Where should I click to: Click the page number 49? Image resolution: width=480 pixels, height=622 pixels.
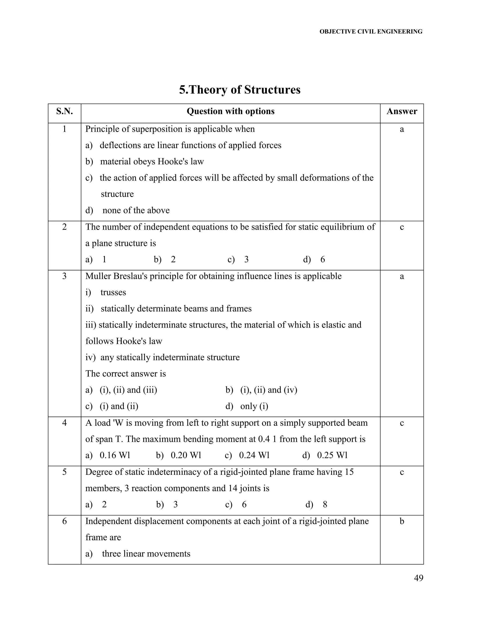coord(418,578)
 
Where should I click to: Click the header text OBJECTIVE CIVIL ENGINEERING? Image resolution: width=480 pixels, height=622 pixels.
coord(371,32)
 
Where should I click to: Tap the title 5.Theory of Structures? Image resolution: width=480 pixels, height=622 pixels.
coord(240,90)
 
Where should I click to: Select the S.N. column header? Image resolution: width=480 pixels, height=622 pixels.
coord(64,111)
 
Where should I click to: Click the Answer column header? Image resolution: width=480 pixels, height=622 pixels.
coord(401,111)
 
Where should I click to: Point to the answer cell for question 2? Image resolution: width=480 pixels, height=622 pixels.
coord(401,227)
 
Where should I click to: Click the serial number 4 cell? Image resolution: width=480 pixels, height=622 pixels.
coord(64,423)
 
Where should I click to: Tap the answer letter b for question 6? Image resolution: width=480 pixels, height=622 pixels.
coord(401,521)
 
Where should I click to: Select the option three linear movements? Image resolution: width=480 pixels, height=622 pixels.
coord(146,554)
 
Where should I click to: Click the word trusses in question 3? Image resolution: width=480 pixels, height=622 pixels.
coord(113,292)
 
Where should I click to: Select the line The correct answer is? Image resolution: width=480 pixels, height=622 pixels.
coord(125,374)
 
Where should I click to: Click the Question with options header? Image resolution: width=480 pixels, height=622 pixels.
coord(230,111)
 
